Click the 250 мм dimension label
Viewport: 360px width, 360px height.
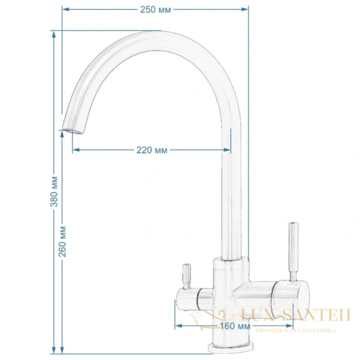(155, 9)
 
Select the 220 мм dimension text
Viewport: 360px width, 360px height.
(152, 149)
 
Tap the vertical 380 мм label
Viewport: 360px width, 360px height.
(55, 191)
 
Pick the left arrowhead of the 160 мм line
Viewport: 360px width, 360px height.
(178, 326)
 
